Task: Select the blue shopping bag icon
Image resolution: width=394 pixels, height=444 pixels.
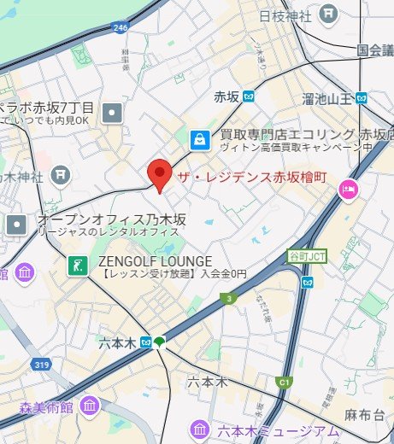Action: pyautogui.click(x=198, y=138)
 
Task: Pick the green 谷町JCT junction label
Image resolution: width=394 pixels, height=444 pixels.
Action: pyautogui.click(x=305, y=256)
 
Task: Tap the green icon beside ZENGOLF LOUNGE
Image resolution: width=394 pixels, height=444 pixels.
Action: pyautogui.click(x=78, y=266)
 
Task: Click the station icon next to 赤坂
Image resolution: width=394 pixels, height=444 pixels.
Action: pyautogui.click(x=248, y=96)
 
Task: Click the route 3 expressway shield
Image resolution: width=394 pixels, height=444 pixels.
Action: pyautogui.click(x=228, y=298)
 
